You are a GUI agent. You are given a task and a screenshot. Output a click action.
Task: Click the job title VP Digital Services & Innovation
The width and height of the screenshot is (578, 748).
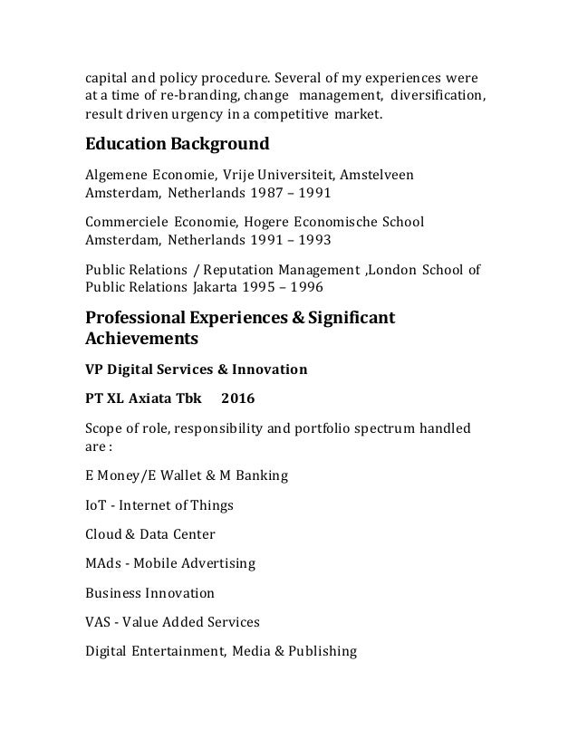[196, 369]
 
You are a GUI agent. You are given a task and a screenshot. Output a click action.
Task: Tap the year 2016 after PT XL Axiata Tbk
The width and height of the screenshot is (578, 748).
[238, 398]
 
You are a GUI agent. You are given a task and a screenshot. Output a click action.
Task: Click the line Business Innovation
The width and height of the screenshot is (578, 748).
[149, 593]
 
